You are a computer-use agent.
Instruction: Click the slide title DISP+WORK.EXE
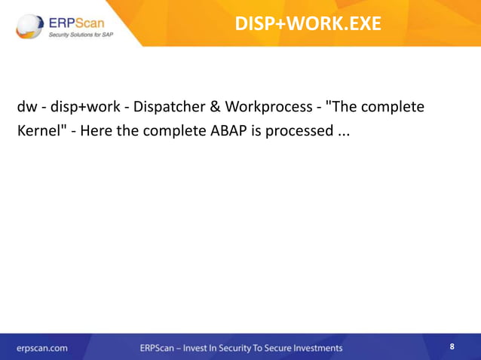(308, 23)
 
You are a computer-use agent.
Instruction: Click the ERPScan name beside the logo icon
(78, 19)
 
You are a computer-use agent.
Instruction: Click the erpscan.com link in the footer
(43, 348)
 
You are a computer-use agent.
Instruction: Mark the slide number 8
(452, 346)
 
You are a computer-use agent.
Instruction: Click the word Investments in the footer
(314, 348)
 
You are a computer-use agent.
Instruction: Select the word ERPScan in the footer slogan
(159, 348)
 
